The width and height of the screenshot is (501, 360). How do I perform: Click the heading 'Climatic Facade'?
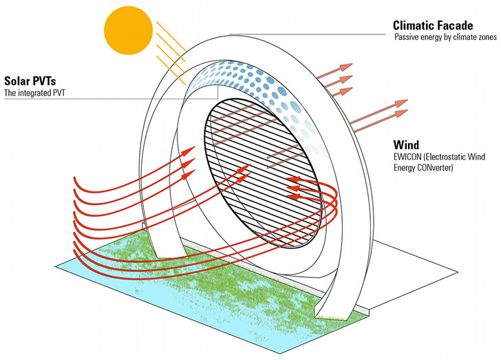pos(433,23)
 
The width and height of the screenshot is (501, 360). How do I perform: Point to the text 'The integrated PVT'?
pos(35,93)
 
